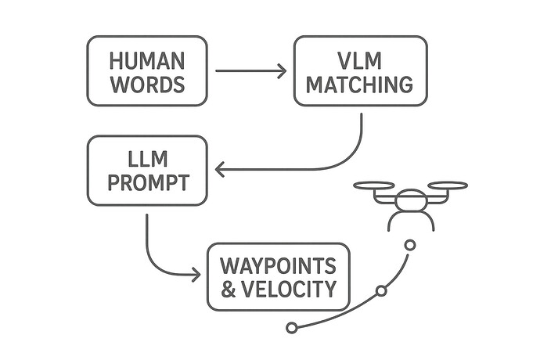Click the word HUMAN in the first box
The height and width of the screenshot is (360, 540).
[147, 59]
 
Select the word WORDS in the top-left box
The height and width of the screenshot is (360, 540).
[147, 85]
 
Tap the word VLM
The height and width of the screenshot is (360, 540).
[360, 59]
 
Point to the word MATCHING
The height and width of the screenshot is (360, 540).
[360, 85]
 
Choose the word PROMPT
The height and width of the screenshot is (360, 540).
[147, 183]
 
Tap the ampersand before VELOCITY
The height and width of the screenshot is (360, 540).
[229, 290]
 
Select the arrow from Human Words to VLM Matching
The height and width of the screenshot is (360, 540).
[250, 71]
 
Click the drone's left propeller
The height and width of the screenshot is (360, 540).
[374, 186]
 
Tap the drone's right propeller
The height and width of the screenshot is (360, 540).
[448, 186]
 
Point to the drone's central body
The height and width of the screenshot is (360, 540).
[411, 201]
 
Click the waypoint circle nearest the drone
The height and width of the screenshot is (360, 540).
[409, 245]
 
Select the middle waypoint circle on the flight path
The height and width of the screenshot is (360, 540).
[381, 291]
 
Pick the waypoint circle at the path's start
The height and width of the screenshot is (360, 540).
[291, 328]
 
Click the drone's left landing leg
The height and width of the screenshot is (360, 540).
[392, 222]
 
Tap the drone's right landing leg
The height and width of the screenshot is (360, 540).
[430, 222]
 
